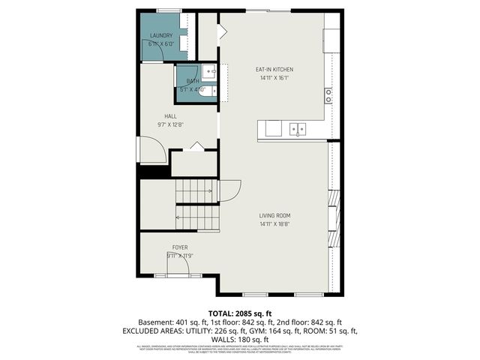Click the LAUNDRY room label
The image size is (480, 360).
coord(161,35)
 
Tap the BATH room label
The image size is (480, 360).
coord(193,81)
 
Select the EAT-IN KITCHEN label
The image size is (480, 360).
coord(274,69)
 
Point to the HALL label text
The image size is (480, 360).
coord(170,116)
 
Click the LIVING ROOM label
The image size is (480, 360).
coord(274,216)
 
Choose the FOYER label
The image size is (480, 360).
coord(180,247)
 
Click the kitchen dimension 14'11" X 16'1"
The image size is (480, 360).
coord(274,77)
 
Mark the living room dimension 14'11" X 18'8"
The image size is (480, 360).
coord(274,223)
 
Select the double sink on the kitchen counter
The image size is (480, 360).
coord(298,129)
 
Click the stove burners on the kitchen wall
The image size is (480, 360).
coord(328,95)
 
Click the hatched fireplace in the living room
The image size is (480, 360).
coord(334,217)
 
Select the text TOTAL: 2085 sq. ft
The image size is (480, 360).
coord(240,313)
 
